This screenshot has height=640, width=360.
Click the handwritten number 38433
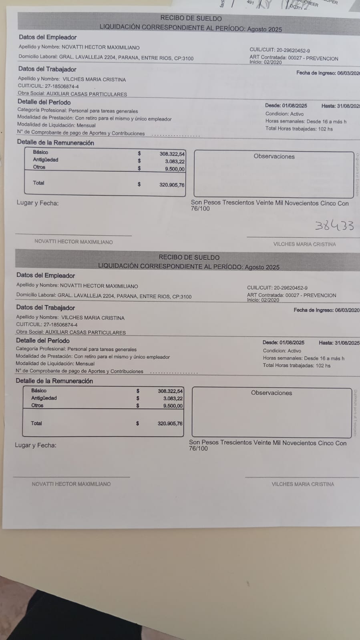[334, 226]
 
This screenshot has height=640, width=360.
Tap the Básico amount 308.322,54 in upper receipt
[172, 154]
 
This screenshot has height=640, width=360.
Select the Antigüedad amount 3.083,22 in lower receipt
[173, 399]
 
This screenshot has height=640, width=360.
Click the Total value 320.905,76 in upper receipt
[172, 185]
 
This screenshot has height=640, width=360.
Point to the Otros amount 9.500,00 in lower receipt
[173, 406]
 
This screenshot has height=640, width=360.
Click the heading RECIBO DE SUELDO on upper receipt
[191, 18]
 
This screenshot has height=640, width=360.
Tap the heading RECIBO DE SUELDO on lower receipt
[189, 257]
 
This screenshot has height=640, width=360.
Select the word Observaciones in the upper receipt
[274, 156]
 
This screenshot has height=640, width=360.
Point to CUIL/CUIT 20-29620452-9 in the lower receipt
[290, 288]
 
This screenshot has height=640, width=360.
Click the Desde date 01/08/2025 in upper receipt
[294, 106]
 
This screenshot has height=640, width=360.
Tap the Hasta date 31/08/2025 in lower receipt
[347, 343]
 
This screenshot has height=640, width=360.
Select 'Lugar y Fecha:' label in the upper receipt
[37, 203]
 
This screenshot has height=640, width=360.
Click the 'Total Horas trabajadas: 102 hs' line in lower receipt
[296, 365]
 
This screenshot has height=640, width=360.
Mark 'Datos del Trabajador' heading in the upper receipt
[47, 69]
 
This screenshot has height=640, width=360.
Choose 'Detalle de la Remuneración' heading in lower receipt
[54, 381]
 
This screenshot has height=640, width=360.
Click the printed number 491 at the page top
[250, 2]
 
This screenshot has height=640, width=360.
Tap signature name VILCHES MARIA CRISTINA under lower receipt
[302, 484]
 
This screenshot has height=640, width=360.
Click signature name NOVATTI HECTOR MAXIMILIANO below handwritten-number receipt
[73, 242]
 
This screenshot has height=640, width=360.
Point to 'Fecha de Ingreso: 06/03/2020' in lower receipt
[326, 310]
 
